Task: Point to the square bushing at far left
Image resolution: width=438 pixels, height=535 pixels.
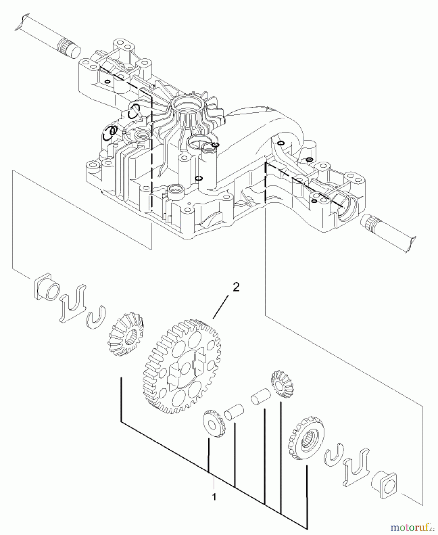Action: click(x=47, y=290)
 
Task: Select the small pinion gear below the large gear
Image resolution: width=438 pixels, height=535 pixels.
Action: click(x=214, y=423)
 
